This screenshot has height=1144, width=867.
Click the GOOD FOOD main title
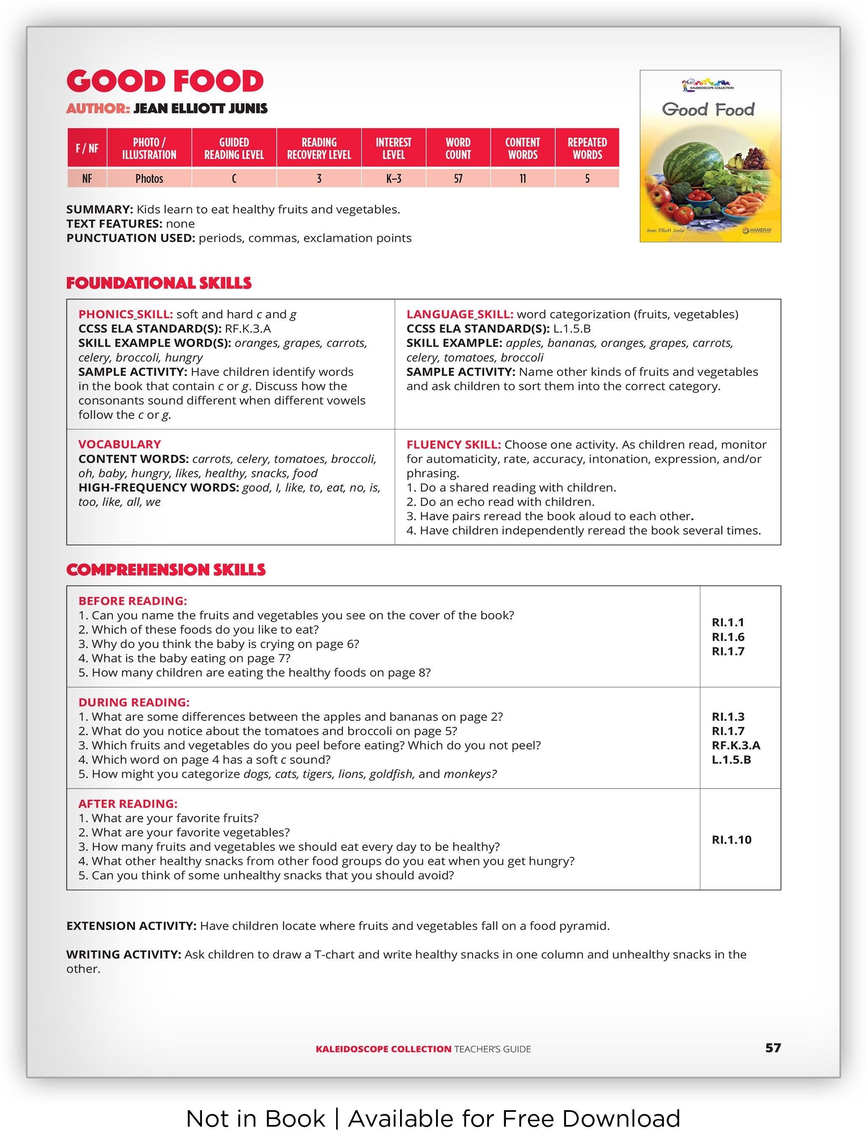[x=165, y=81]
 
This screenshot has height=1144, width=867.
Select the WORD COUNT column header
[x=458, y=148]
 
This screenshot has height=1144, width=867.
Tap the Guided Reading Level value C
[x=234, y=178]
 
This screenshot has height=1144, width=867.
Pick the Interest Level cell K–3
[x=393, y=178]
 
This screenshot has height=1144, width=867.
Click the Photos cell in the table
[x=149, y=178]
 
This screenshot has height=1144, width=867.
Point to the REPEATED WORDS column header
[x=587, y=148]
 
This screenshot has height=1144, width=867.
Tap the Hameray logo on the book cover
[x=757, y=230]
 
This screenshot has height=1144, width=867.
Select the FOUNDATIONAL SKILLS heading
[x=158, y=283]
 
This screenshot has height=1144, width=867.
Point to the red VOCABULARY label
[x=119, y=444]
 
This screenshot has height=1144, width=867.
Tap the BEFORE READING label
[x=133, y=601]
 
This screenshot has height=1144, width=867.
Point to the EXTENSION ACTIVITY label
[x=131, y=926]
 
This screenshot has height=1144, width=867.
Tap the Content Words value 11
[x=522, y=178]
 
